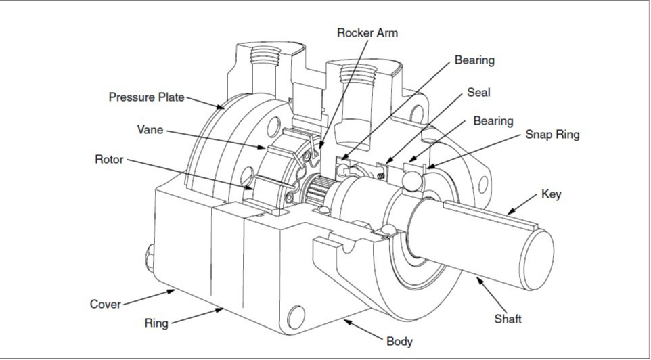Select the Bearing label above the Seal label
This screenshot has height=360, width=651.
tap(474, 60)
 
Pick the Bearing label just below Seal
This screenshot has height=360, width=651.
tap(493, 121)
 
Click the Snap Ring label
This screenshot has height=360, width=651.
tap(552, 134)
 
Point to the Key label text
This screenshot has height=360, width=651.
tap(551, 194)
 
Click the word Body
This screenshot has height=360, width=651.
tap(399, 341)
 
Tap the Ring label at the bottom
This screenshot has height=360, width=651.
tap(156, 323)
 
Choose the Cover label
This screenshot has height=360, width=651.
tap(106, 303)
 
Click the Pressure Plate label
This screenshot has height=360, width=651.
tap(146, 97)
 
